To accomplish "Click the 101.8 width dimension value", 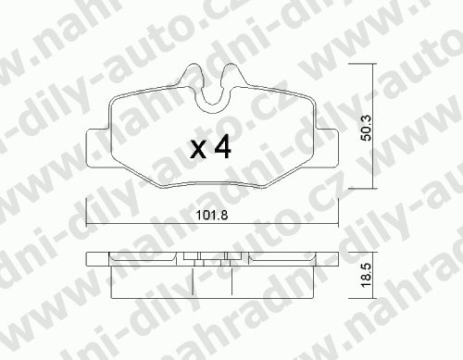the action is click(212, 215).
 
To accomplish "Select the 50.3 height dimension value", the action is click(367, 128).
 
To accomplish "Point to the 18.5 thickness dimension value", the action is click(367, 276).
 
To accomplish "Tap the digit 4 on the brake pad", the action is click(223, 146).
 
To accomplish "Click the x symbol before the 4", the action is click(198, 150).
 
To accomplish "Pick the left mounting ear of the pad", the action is click(98, 149).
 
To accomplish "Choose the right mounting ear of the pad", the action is click(327, 149).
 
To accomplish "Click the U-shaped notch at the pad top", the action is click(212, 106).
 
